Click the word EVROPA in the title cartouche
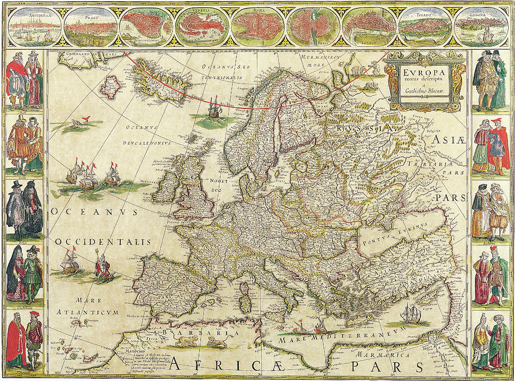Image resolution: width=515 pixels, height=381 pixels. coord(425,73)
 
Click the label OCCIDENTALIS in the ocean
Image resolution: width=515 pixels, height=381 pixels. coord(103,242)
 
